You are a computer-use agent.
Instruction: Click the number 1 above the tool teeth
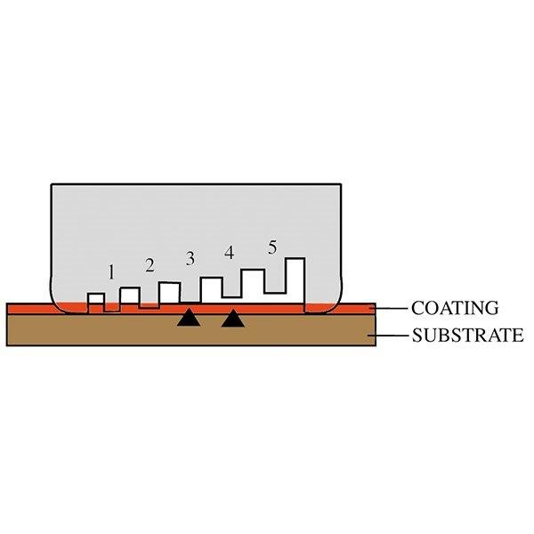point(111,272)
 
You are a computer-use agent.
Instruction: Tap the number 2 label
point(150,264)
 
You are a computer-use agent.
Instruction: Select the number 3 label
point(189,259)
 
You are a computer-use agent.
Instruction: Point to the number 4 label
point(229,253)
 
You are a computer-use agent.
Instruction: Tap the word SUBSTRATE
point(466,336)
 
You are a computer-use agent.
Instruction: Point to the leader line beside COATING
point(392,308)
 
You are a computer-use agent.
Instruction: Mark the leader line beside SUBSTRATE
point(392,336)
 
